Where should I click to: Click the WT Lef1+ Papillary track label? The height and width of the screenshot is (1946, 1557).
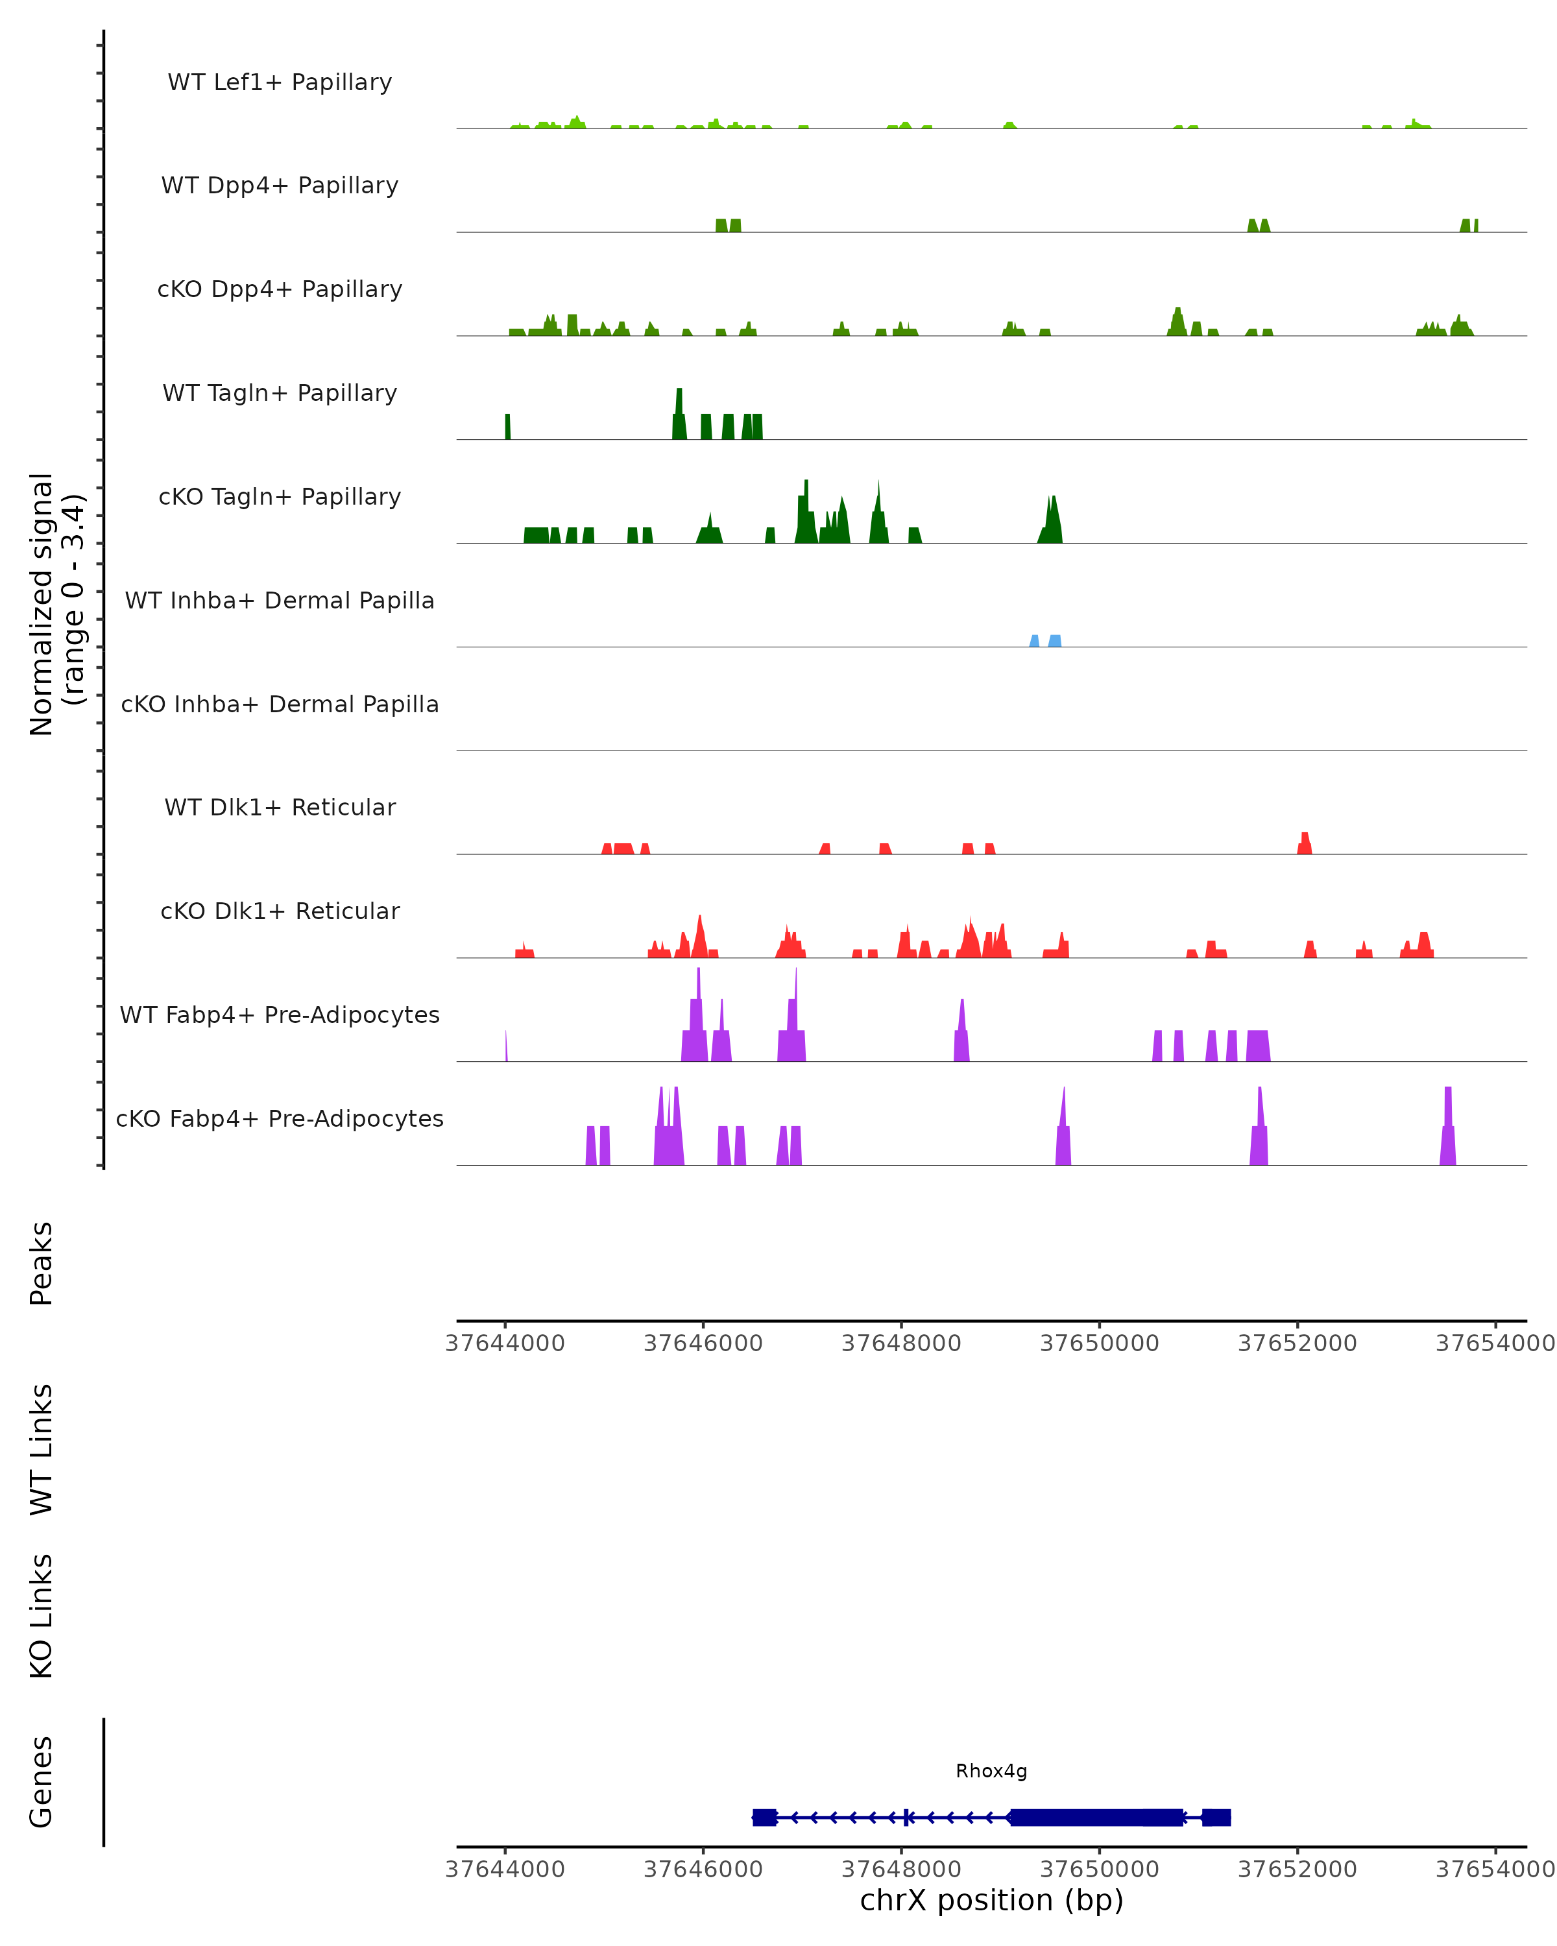(280, 82)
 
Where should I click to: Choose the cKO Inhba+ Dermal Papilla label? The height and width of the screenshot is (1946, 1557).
(280, 704)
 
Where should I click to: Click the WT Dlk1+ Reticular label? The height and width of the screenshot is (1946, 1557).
(280, 807)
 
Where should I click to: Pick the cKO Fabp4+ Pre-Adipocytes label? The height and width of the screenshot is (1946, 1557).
(280, 1118)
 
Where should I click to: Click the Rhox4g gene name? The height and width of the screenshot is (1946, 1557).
(991, 1771)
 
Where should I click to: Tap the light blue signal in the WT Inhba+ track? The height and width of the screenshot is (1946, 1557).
(1054, 641)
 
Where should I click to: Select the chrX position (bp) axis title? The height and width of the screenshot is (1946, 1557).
(991, 1900)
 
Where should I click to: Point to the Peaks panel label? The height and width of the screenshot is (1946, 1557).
(42, 1263)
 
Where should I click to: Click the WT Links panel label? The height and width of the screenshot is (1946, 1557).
(42, 1448)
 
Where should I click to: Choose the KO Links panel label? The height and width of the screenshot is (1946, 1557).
(42, 1616)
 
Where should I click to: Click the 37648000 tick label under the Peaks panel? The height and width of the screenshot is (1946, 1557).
(901, 1343)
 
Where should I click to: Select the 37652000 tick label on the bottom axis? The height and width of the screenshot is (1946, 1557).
(1297, 1868)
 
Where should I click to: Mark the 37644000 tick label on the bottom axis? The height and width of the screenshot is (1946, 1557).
(505, 1868)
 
